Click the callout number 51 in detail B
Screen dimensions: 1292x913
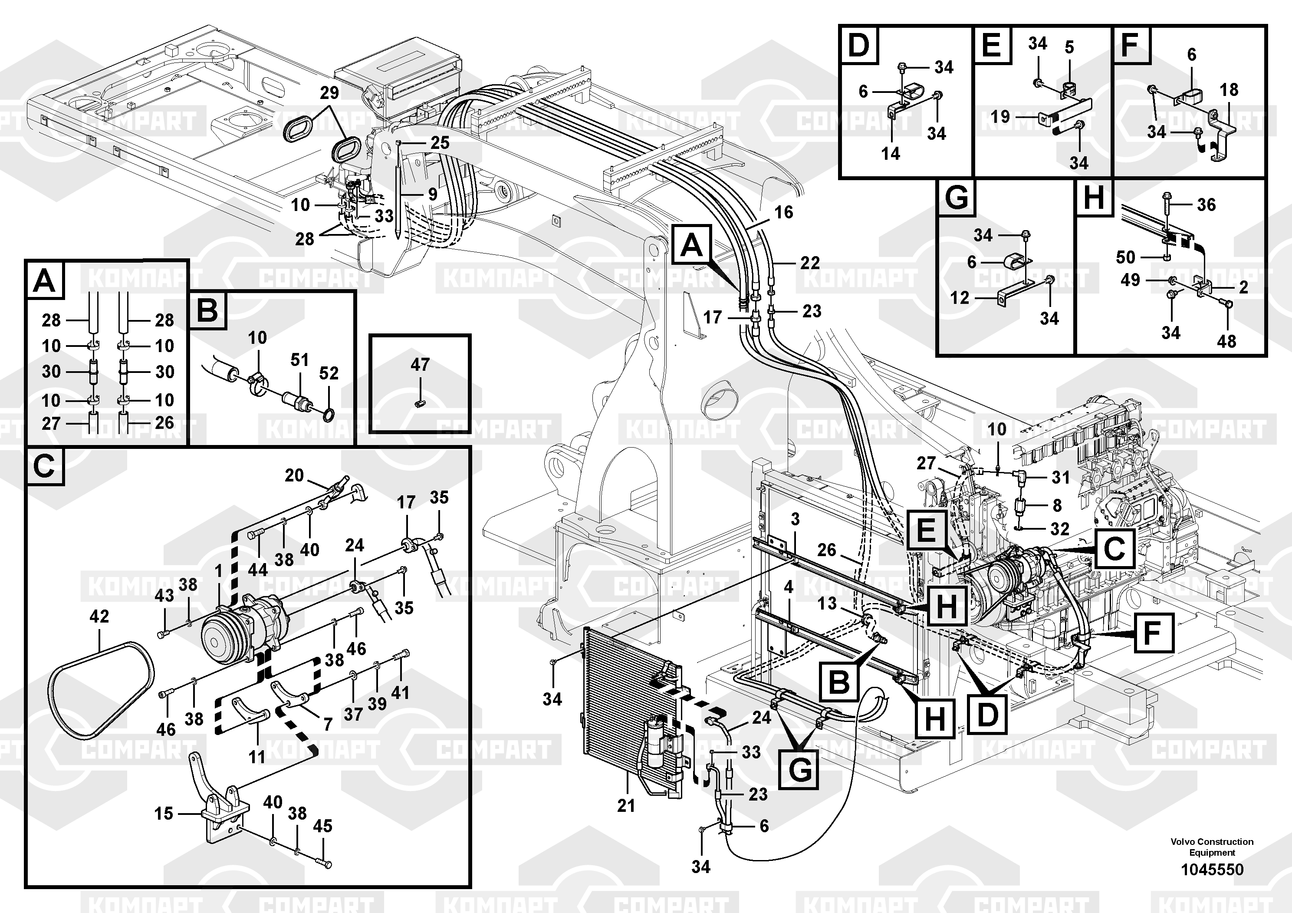pyautogui.click(x=299, y=359)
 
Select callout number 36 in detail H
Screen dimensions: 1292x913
pyautogui.click(x=1207, y=204)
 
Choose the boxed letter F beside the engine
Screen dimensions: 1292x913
pyautogui.click(x=1152, y=633)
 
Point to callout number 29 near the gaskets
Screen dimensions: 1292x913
pyautogui.click(x=329, y=93)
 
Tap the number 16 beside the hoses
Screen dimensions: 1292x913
pyautogui.click(x=783, y=212)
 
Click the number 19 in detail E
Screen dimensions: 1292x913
pyautogui.click(x=1000, y=116)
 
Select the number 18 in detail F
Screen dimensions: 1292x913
pyautogui.click(x=1229, y=89)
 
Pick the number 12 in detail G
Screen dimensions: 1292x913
pyautogui.click(x=960, y=297)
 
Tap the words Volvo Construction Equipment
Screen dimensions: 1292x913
pyautogui.click(x=1212, y=847)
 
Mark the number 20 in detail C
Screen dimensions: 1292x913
pyautogui.click(x=294, y=476)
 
